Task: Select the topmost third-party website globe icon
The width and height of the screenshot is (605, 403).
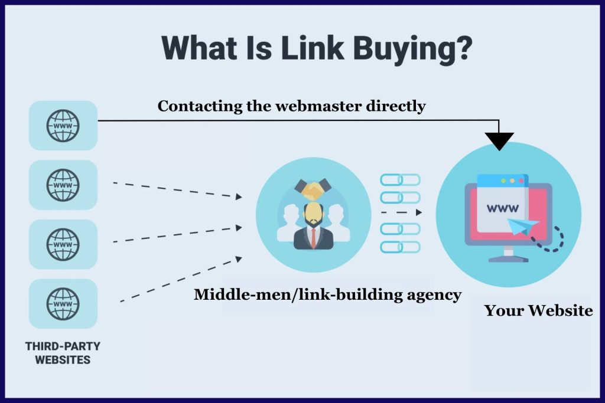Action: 63,126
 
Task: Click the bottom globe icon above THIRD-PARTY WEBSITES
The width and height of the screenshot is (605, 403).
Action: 63,304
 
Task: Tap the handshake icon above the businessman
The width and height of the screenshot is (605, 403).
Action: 313,189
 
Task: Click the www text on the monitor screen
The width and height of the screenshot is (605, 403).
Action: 503,208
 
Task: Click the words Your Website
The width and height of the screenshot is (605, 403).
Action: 538,310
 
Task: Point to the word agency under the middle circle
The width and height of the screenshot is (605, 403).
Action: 430,294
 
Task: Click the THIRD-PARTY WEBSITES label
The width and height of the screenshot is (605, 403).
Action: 63,352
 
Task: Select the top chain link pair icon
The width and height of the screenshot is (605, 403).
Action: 400,179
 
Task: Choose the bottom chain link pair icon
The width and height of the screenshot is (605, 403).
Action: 400,247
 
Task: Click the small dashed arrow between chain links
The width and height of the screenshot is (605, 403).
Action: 402,212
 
